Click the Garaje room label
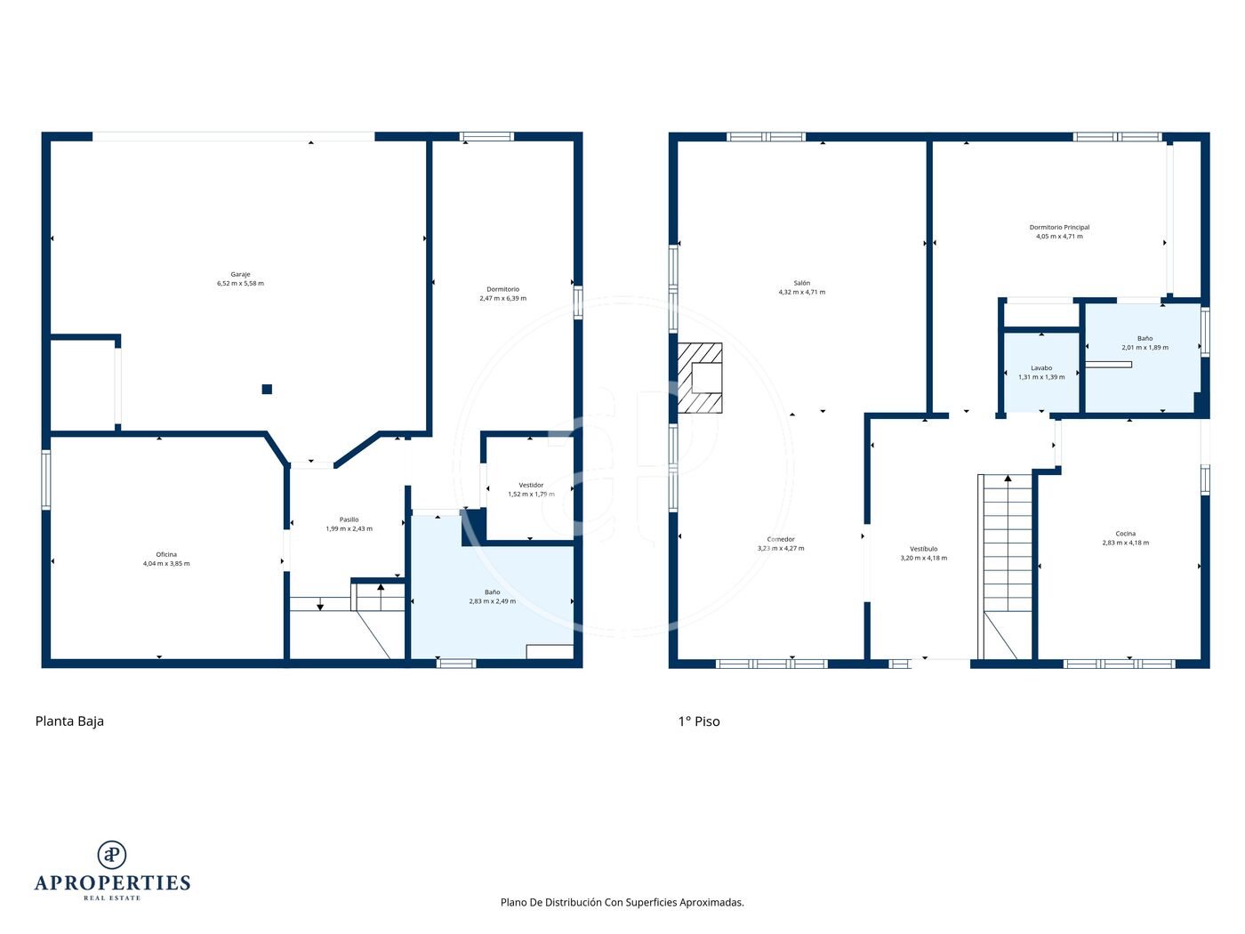[240, 275]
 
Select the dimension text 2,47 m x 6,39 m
[502, 298]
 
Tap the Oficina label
[166, 554]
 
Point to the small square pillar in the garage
[267, 389]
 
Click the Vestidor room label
[531, 486]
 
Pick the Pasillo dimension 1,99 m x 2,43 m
[349, 528]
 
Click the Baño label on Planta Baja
[493, 592]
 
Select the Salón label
[801, 283]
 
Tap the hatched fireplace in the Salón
[700, 378]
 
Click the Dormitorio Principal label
[1059, 228]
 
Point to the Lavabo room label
[1041, 368]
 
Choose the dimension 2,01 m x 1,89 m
[1145, 348]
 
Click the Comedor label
[781, 539]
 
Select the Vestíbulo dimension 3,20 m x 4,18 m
[923, 558]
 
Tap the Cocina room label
[1125, 534]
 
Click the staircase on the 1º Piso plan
[1005, 567]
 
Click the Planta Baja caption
[69, 721]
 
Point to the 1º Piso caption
[699, 721]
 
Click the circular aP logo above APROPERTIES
[112, 855]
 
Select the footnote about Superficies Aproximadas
[622, 902]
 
